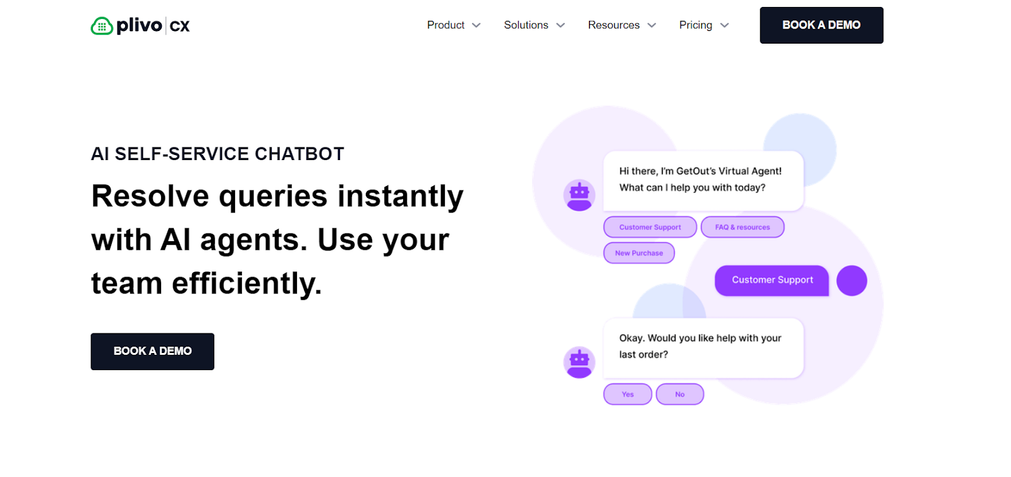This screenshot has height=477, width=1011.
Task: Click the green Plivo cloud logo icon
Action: pos(102,26)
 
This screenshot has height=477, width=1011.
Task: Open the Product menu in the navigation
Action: pos(446,25)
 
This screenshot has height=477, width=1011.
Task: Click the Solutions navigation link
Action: pos(526,25)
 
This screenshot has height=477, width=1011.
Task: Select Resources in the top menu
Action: pos(614,25)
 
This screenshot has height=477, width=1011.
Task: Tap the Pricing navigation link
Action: pos(695,25)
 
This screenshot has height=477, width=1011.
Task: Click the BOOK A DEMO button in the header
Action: pos(821,25)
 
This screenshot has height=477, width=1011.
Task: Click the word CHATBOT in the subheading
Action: pos(299,154)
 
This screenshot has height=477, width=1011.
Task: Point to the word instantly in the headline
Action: pos(400,196)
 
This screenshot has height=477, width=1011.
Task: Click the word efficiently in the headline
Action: pos(246,283)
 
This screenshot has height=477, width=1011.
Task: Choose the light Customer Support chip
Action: pos(650,227)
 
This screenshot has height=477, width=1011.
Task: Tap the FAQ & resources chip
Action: pos(742,227)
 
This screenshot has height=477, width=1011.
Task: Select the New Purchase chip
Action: pos(639,253)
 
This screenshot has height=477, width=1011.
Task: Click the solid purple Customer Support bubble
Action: pos(772,280)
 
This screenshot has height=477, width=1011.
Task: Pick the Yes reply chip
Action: pos(627,394)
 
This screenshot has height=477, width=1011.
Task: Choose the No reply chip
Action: pos(679,394)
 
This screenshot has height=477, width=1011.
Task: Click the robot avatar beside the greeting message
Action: pos(579,195)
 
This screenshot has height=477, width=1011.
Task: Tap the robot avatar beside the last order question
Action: pos(579,362)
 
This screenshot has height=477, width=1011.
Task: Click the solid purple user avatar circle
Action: pos(851,280)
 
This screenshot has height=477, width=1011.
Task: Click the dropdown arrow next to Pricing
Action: pos(725,25)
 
